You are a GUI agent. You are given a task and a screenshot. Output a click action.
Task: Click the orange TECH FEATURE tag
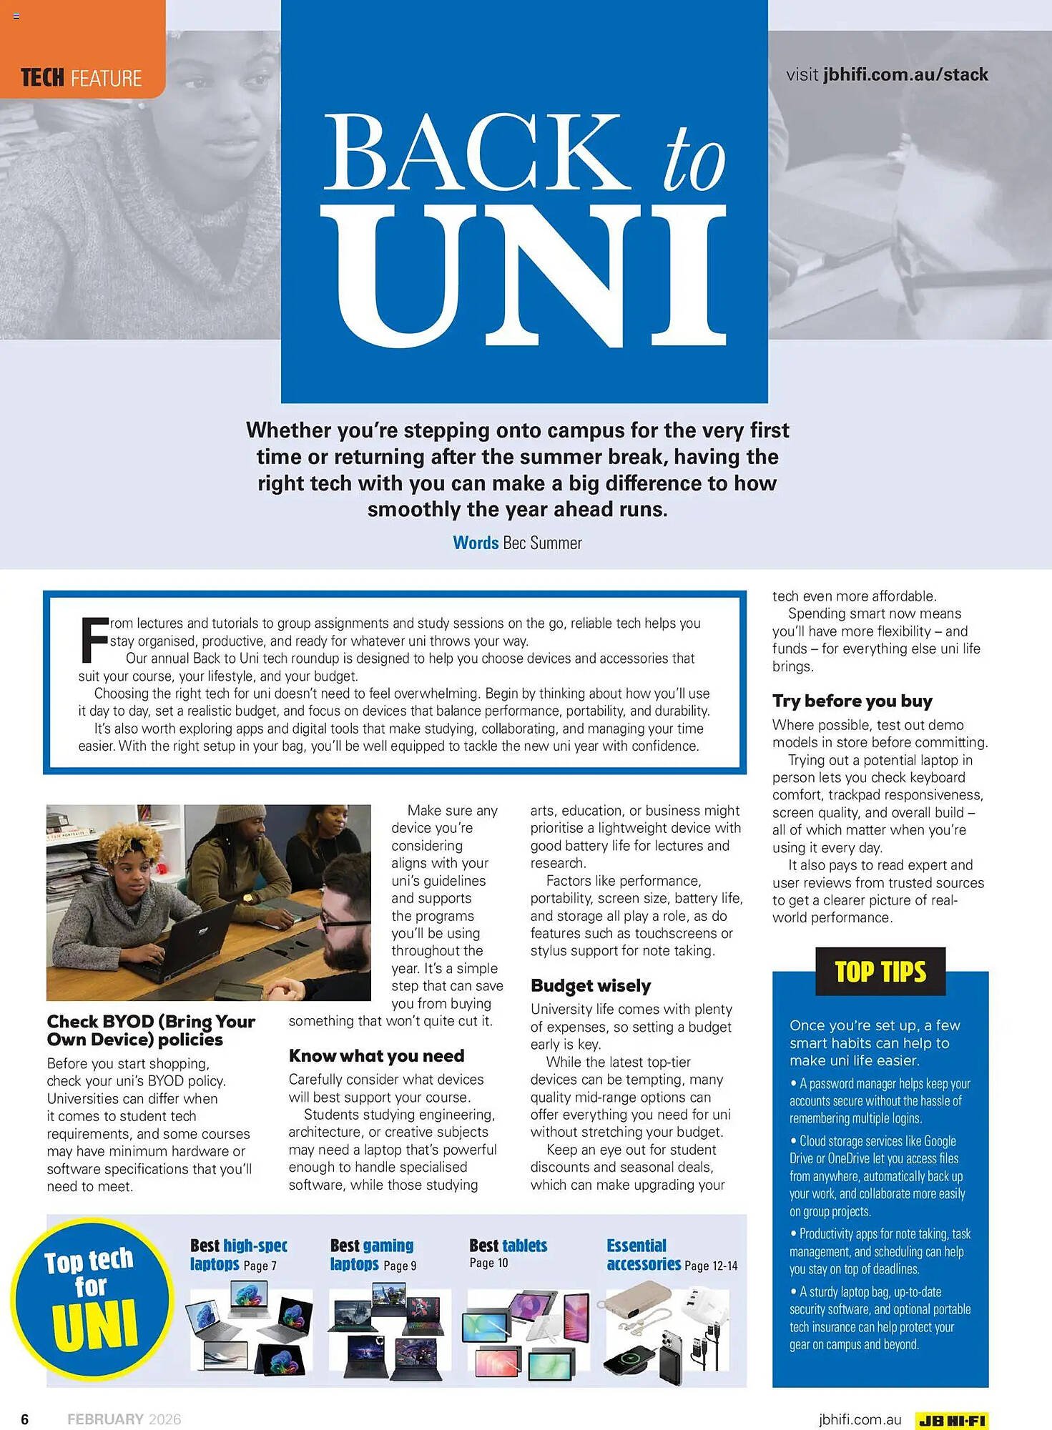pos(82,77)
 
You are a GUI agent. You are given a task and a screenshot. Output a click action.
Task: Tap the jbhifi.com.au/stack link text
pos(905,74)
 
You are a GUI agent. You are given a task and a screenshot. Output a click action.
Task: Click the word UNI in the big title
pos(523,275)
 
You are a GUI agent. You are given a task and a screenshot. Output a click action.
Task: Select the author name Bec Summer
pos(542,543)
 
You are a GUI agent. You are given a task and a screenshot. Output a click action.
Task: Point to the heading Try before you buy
pos(852,701)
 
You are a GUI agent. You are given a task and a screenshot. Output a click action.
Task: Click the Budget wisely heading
pos(591,986)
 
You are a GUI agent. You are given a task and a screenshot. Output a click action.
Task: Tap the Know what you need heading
pos(376,1056)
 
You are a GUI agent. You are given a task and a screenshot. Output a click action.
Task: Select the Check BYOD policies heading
pos(150,1030)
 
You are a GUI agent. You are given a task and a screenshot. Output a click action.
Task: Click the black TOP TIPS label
pos(880,972)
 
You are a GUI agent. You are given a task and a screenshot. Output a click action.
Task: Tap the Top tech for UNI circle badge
pos(92,1298)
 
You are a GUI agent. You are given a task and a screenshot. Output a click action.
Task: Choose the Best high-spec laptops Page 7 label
pos(239,1255)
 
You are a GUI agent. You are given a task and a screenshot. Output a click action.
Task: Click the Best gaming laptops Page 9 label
pos(373,1255)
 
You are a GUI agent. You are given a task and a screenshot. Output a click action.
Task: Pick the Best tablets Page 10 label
pos(508,1253)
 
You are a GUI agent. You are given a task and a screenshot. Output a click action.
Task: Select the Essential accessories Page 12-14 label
pos(671,1255)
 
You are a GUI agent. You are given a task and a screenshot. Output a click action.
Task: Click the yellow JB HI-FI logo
pos(951,1420)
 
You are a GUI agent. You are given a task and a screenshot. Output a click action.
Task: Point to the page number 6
pos(25,1419)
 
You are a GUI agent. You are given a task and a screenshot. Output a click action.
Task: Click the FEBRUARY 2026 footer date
pos(124,1419)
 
